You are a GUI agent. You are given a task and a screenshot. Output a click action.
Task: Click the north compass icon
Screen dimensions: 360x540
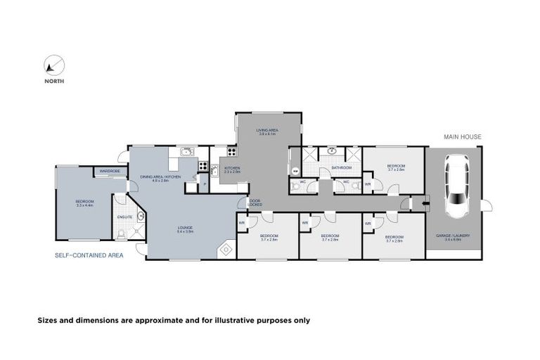tap(53, 66)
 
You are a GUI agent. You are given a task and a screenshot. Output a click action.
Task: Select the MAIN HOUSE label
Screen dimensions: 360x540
tap(463, 136)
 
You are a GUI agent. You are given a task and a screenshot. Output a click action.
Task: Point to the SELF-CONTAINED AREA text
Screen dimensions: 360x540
tap(89, 255)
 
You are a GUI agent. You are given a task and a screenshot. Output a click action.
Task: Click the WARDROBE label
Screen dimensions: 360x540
tap(110, 171)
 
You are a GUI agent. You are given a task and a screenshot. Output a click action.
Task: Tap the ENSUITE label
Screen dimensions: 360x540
tap(124, 217)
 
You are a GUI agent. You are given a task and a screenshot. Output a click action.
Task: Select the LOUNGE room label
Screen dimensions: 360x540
tap(186, 227)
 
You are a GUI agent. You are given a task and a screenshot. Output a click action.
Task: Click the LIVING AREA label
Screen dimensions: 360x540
tap(268, 130)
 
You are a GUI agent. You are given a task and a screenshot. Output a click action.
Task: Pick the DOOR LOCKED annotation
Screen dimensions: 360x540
tap(255, 202)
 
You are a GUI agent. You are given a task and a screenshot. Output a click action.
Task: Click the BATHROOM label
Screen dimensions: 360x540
tap(342, 168)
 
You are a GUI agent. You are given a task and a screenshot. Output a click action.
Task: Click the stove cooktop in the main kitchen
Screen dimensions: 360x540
tap(203, 167)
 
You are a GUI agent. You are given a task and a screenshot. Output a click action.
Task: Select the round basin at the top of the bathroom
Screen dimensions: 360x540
tap(331, 150)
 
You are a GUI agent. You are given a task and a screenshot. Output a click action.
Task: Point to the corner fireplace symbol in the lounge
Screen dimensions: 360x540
tap(226, 250)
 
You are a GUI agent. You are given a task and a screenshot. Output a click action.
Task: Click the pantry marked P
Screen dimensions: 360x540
tap(204, 185)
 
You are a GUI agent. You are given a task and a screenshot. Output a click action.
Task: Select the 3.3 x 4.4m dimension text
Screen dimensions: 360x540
tap(84, 205)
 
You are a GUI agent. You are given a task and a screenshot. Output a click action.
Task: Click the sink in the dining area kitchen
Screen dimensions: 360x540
tap(186, 151)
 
